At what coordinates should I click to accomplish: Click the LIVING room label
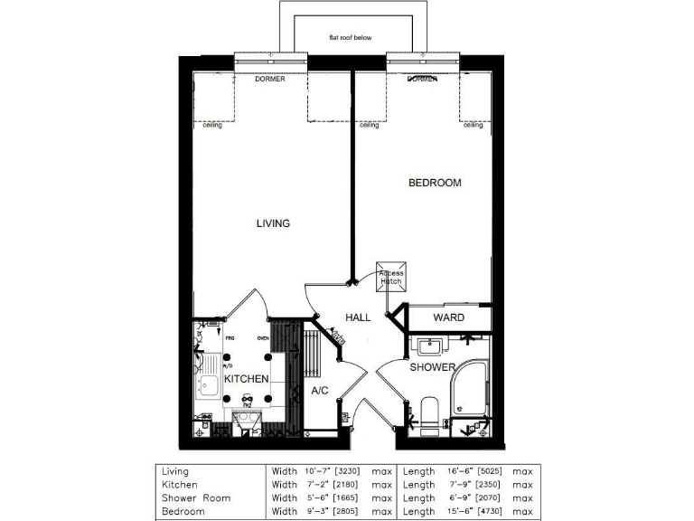tap(273, 223)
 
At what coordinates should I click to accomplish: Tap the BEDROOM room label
tap(435, 183)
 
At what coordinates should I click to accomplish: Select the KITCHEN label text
tap(246, 379)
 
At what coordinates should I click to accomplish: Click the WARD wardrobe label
tap(449, 317)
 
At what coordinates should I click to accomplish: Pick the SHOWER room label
tap(432, 367)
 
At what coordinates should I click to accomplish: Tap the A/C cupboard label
tap(319, 392)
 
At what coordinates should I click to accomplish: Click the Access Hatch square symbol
tap(391, 277)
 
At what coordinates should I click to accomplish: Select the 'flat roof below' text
tap(350, 38)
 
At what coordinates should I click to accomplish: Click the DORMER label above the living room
tap(269, 80)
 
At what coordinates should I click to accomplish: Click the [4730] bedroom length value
tap(483, 511)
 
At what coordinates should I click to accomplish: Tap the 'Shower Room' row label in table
tap(196, 497)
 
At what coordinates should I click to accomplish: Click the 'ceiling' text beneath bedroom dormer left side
tap(369, 125)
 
